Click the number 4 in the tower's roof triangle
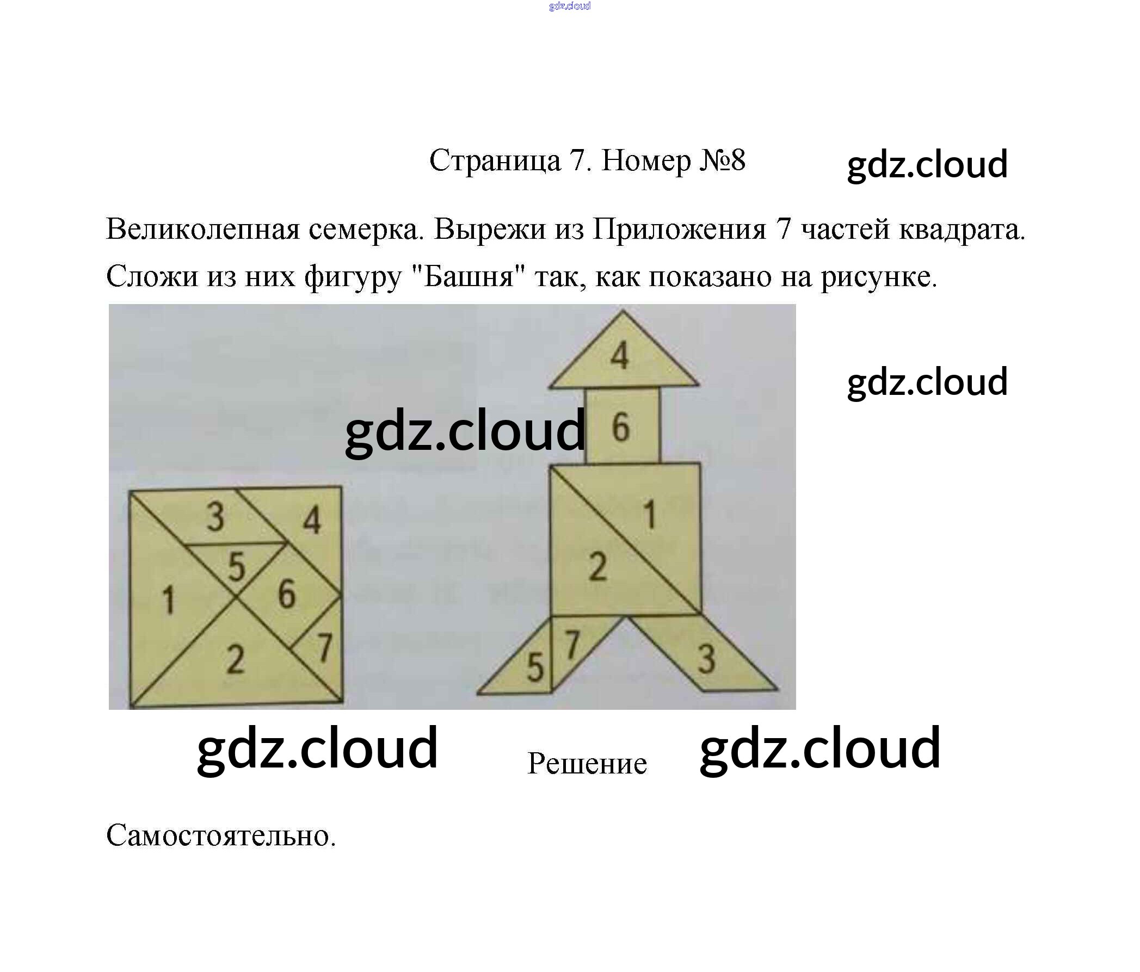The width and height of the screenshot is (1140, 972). [x=620, y=356]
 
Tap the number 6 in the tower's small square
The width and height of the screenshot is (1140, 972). [x=621, y=428]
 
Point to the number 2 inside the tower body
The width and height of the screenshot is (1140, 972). [x=597, y=567]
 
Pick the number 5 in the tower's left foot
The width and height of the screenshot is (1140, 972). [x=535, y=668]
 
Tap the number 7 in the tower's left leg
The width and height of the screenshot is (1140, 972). [x=573, y=644]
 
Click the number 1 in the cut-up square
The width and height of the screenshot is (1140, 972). [x=168, y=599]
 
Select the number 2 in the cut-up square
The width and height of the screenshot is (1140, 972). [x=235, y=659]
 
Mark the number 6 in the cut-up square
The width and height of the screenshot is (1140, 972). [x=286, y=594]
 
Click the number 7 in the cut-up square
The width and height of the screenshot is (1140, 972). [x=325, y=647]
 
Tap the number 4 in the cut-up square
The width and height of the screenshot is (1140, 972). [x=311, y=520]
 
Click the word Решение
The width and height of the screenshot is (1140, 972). [x=587, y=764]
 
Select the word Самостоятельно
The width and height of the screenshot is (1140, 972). [x=220, y=836]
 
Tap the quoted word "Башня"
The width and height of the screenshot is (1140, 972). [x=469, y=277]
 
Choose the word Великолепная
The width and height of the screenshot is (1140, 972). [x=202, y=229]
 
